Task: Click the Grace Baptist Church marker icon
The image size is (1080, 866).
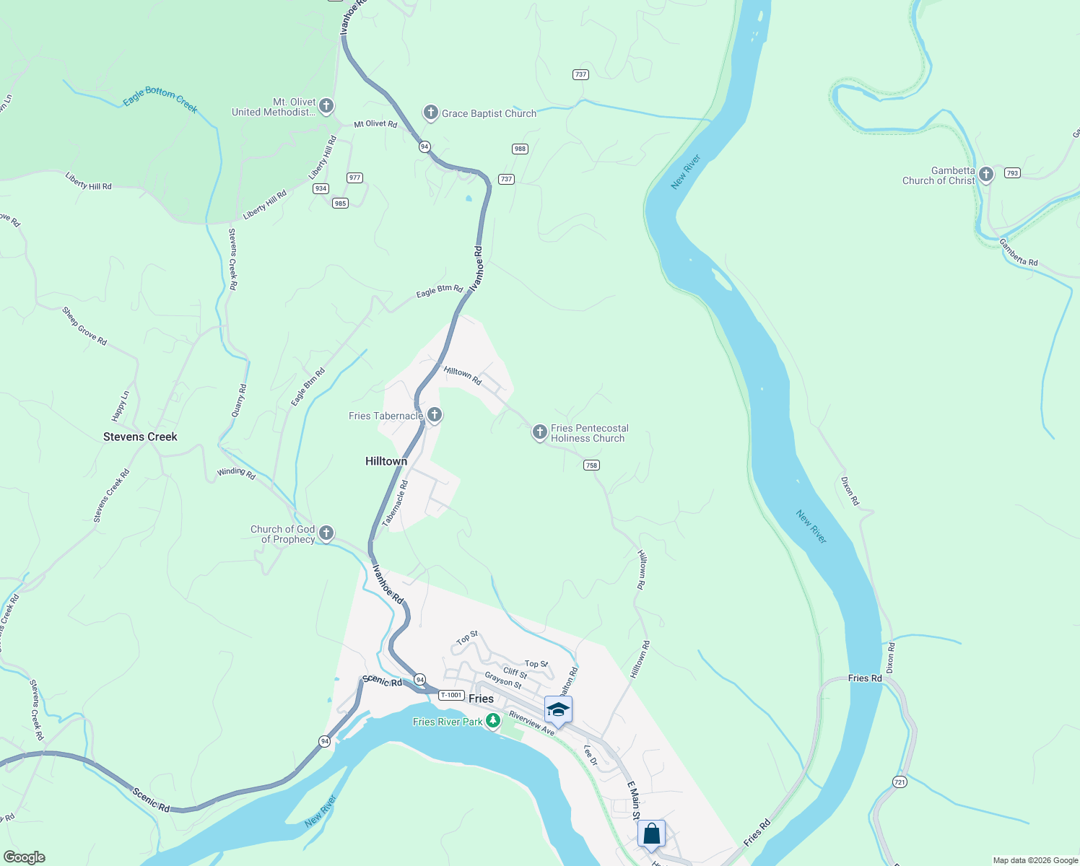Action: (x=430, y=113)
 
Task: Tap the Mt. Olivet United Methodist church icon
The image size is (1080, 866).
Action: (x=326, y=107)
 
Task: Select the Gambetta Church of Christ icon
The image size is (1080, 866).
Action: (x=986, y=175)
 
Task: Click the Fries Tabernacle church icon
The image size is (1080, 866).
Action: (x=435, y=415)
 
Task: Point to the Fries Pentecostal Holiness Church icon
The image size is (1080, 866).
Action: (x=539, y=432)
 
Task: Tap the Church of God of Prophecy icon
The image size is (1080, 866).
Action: (x=326, y=533)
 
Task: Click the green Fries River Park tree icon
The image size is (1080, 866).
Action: (x=493, y=720)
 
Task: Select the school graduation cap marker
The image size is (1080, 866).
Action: (x=558, y=710)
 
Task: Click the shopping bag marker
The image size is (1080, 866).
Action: (x=651, y=834)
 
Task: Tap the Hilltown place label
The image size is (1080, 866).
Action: (x=386, y=461)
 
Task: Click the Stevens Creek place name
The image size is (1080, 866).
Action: (x=140, y=437)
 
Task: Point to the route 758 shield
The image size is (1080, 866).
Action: (x=591, y=465)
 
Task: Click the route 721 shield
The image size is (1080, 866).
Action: (x=900, y=782)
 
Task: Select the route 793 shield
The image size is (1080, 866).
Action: (x=1012, y=173)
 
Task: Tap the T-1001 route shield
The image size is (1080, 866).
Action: (x=451, y=695)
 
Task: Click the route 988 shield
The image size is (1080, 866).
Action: (x=520, y=149)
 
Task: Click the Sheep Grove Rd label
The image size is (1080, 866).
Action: (x=84, y=326)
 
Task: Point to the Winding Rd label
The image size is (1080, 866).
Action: (x=236, y=473)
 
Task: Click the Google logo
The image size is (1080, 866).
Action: (x=25, y=857)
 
